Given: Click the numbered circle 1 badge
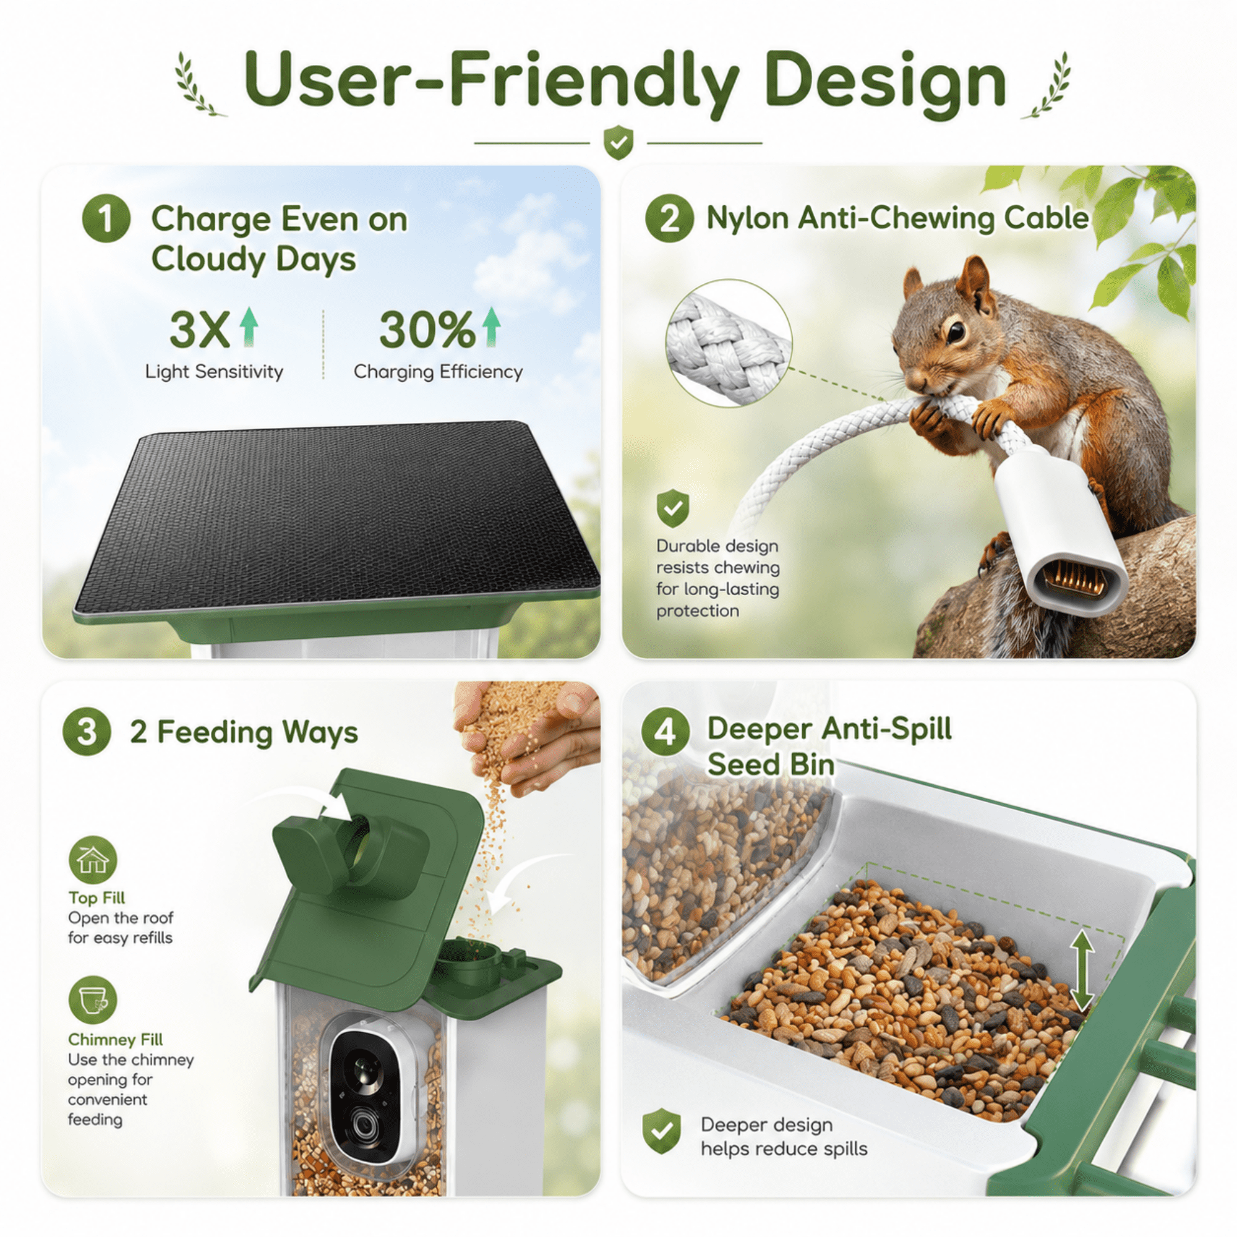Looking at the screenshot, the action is (106, 218).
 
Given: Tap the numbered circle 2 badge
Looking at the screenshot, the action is (669, 218).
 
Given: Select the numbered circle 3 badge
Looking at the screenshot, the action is (87, 731).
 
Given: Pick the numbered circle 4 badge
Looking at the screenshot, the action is (666, 731).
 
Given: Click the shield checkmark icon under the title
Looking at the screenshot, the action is (618, 142).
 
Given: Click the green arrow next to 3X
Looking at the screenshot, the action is (249, 327).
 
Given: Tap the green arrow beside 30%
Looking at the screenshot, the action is (491, 327).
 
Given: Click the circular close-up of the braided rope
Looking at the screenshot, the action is (729, 343).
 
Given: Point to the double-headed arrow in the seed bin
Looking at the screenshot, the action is (1081, 970).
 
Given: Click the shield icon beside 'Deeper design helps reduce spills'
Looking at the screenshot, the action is (661, 1131).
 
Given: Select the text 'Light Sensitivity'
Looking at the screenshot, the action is (214, 372).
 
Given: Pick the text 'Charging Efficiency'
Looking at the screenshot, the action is (438, 372).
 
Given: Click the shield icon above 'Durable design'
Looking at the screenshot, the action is (673, 509).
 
